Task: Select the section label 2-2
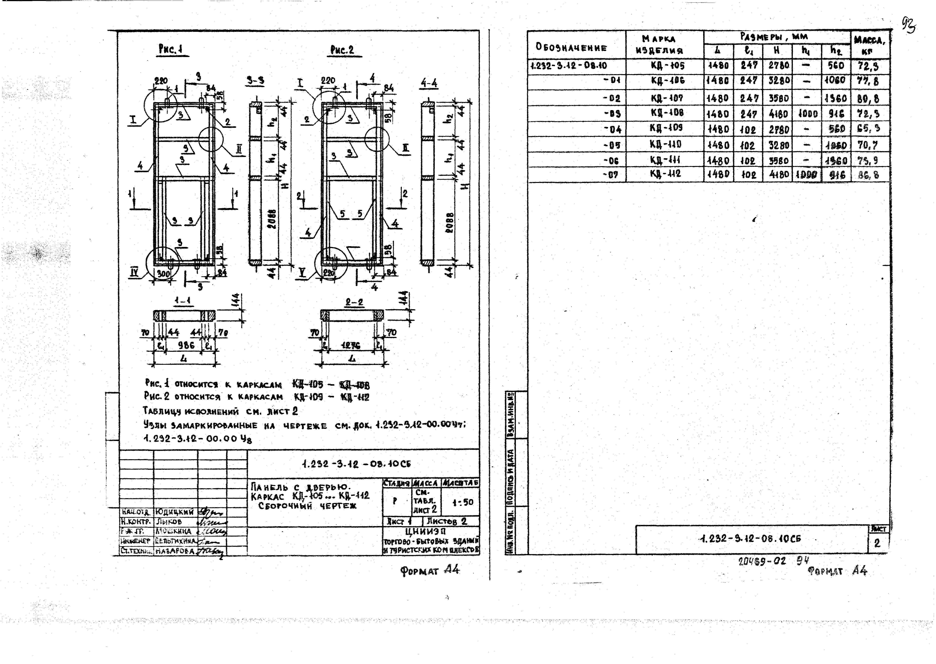354,303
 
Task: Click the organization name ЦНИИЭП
431,532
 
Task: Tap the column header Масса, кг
869,45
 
